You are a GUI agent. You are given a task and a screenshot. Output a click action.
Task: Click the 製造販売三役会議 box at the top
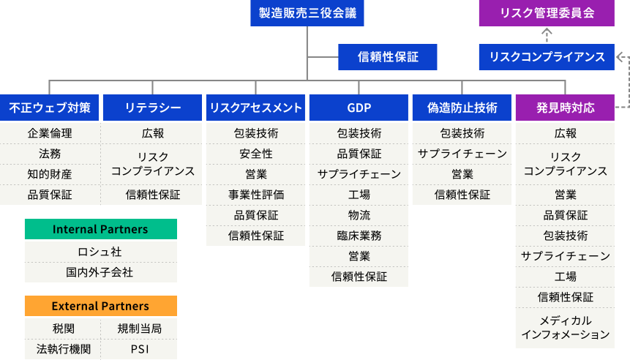coord(307,13)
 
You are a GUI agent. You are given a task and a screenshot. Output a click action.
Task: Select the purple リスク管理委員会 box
coord(546,13)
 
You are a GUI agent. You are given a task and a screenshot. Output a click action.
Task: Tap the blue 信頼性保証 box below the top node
coord(387,56)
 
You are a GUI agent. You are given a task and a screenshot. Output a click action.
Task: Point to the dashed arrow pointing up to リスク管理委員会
coord(546,34)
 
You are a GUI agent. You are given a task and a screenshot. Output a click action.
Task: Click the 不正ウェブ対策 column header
coord(50,108)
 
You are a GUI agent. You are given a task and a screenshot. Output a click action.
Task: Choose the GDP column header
coord(359,108)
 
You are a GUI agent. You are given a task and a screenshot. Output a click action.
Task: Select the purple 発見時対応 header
coord(565,108)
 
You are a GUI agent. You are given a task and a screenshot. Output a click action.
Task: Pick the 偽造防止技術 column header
coord(462,108)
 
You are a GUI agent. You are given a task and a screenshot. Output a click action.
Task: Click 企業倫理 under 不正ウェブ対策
coord(50,133)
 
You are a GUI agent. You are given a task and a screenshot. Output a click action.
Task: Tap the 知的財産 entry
coord(50,174)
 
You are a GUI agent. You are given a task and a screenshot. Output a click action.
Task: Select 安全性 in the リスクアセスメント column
coord(255,154)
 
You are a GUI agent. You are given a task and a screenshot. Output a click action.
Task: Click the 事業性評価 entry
coord(255,195)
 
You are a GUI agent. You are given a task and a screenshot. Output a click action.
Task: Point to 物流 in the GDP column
coord(359,215)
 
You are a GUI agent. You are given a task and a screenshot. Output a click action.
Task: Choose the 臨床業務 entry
coord(359,236)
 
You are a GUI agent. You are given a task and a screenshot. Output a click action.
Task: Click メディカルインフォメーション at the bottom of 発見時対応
coord(565,327)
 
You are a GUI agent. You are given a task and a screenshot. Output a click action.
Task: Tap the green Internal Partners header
coord(100,229)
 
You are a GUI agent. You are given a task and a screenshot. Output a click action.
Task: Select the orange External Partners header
coord(100,306)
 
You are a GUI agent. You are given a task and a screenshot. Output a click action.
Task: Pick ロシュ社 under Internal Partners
coord(100,251)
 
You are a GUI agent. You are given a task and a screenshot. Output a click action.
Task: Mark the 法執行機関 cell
coord(63,349)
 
